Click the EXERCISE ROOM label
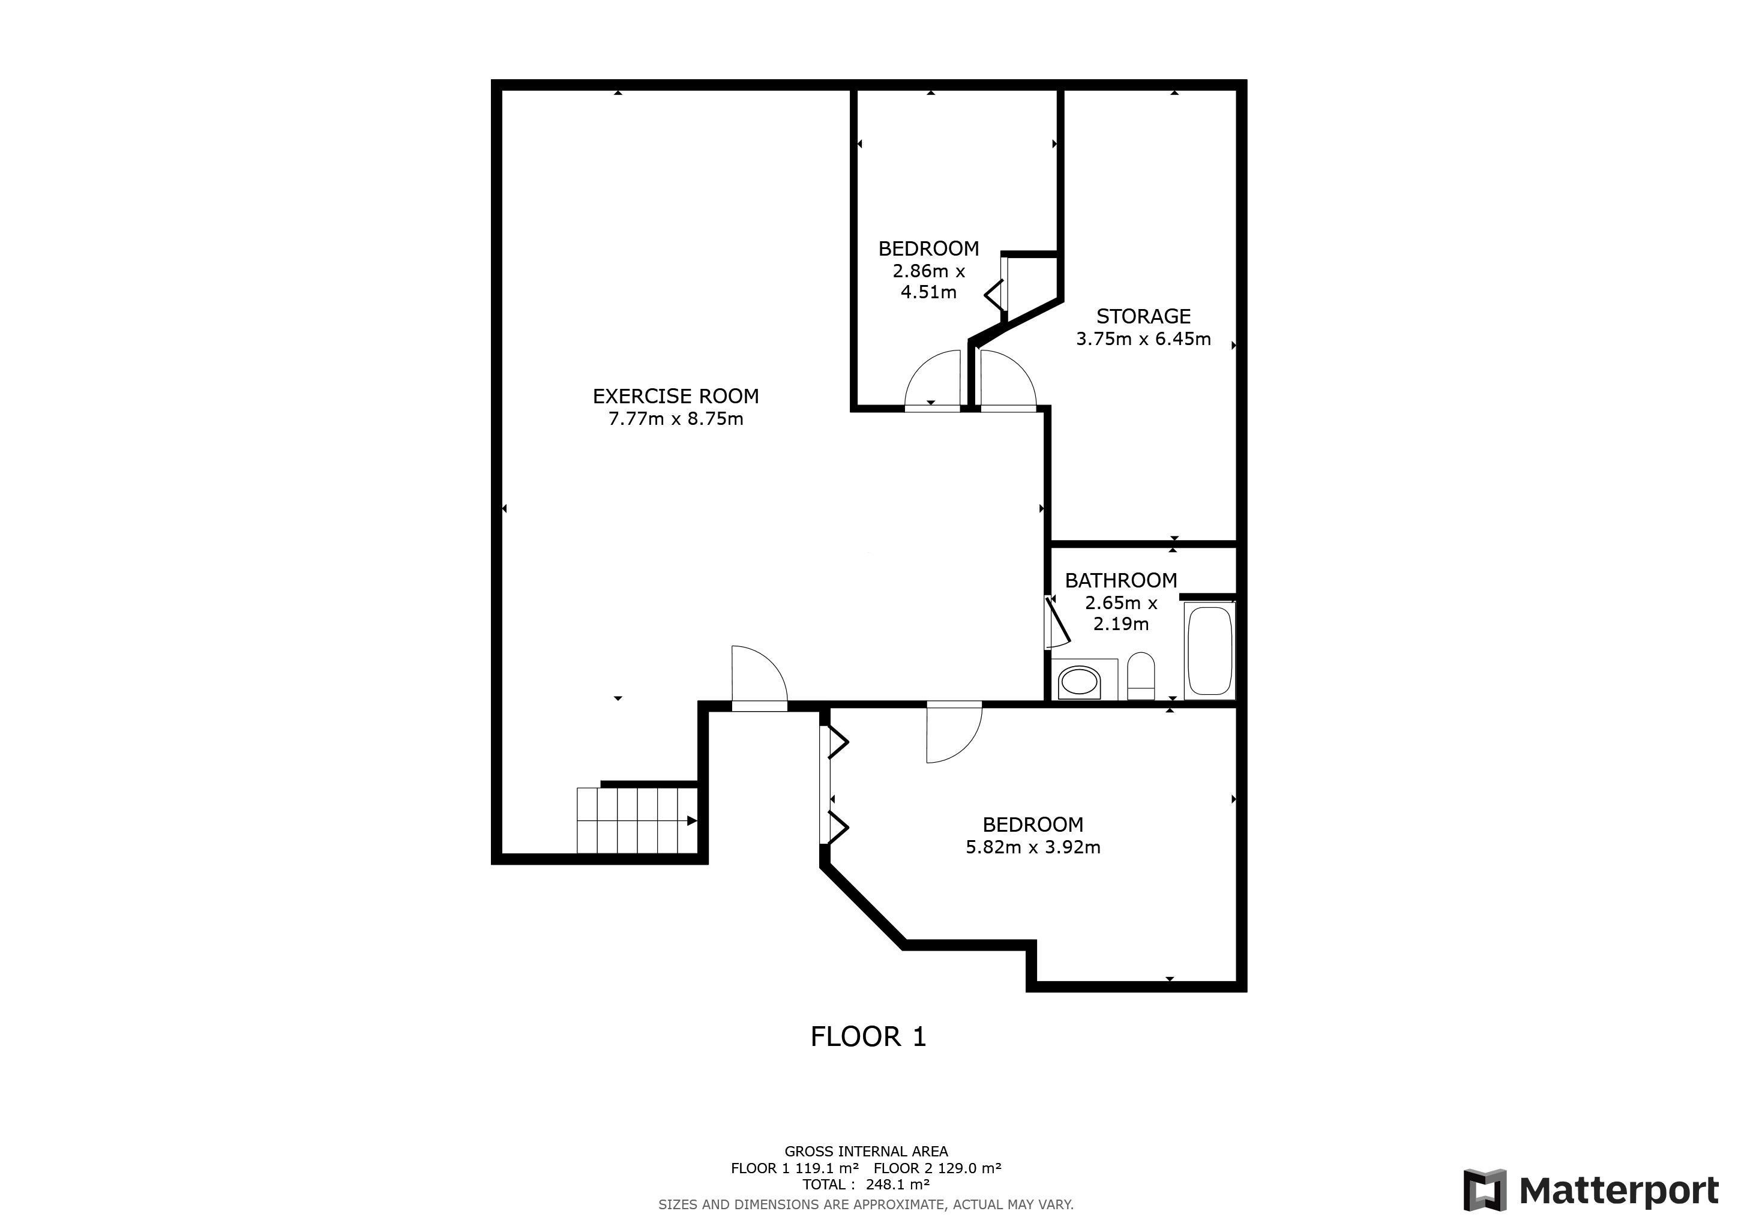675,396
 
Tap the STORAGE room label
1143,316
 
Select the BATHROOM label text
1120,580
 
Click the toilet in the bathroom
1141,675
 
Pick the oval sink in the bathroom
1078,682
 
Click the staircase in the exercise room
637,820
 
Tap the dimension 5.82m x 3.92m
1032,847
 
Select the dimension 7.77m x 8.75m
675,418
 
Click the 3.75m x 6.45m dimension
1143,339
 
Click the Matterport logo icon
1484,1191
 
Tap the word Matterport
1619,1191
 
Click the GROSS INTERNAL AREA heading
866,1151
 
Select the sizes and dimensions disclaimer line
866,1204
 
